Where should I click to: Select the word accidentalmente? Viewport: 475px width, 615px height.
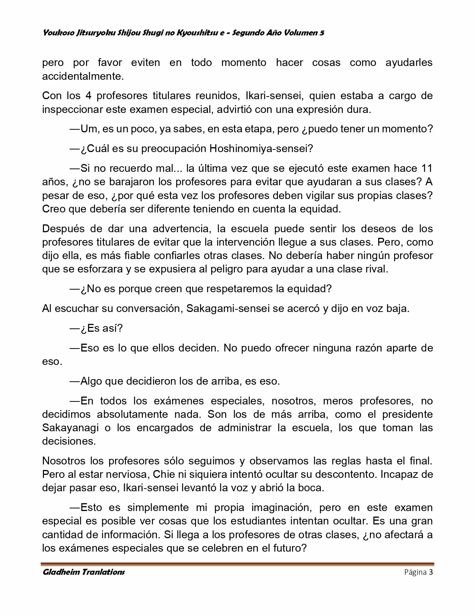[x=83, y=76]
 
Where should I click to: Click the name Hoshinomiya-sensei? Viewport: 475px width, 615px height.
[x=261, y=149]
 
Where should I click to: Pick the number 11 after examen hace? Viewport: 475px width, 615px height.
[x=426, y=168]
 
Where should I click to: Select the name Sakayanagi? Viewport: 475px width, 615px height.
[x=70, y=428]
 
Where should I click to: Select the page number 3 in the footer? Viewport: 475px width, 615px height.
[x=431, y=572]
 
